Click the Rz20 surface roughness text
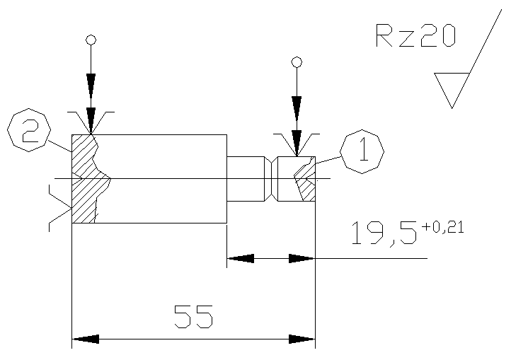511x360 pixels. [x=415, y=35]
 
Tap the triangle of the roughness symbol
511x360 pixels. [x=452, y=86]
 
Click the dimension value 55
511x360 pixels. [x=194, y=316]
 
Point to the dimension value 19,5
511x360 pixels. [x=384, y=233]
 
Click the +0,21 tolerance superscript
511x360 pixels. [x=442, y=227]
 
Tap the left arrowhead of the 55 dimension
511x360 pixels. [x=86, y=339]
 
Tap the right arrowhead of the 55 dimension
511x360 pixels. [x=302, y=339]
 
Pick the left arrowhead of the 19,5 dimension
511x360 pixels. [x=241, y=258]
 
